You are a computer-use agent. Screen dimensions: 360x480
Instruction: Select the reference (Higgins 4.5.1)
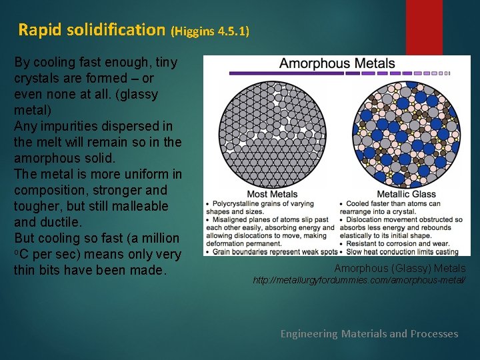click(x=210, y=31)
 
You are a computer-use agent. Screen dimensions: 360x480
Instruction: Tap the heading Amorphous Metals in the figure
click(x=337, y=64)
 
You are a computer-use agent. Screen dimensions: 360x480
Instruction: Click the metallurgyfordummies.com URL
click(x=359, y=281)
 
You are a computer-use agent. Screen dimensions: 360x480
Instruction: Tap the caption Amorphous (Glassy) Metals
click(x=399, y=268)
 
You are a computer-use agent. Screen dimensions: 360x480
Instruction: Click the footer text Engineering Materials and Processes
click(x=369, y=333)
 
